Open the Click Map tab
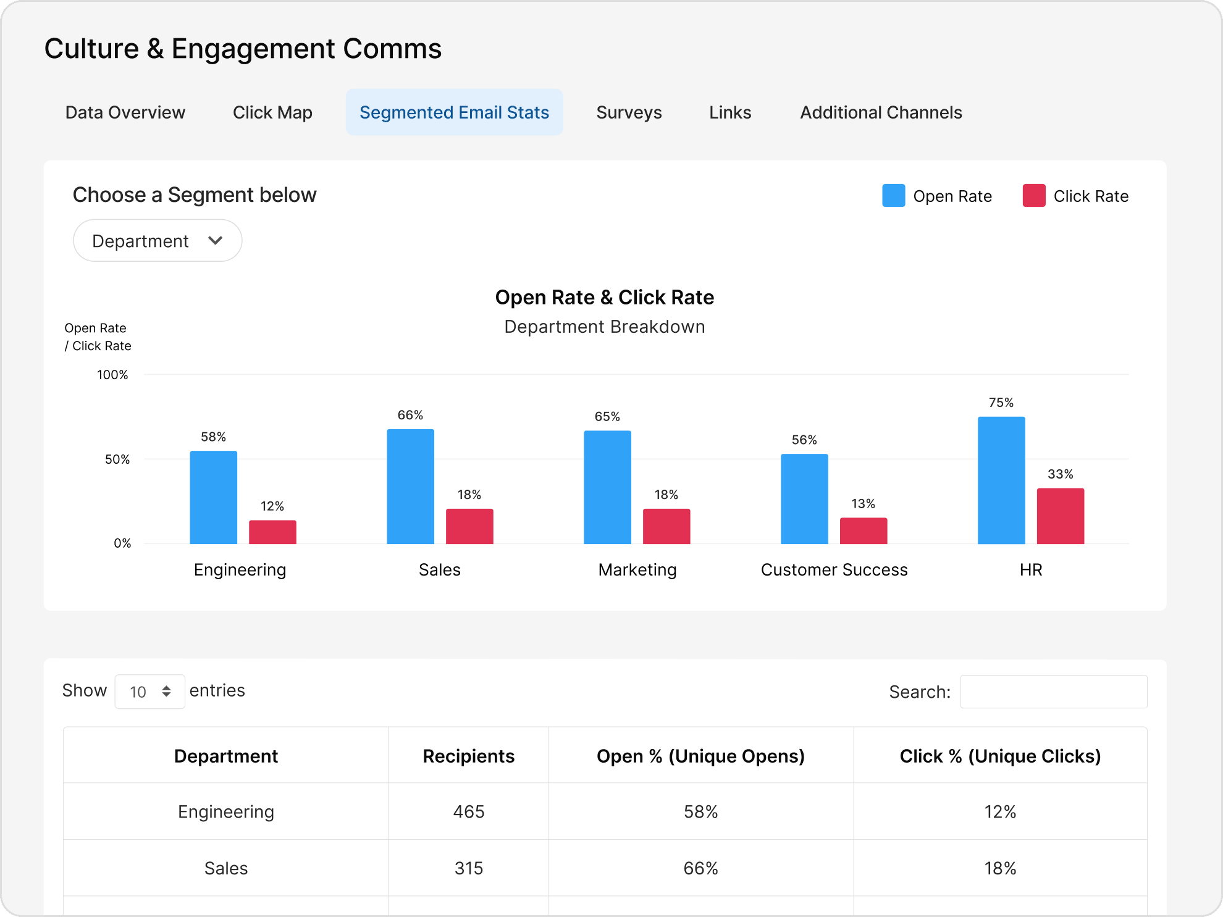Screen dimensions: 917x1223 pyautogui.click(x=272, y=112)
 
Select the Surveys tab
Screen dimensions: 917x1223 pyautogui.click(x=629, y=112)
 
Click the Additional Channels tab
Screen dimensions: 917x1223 pyautogui.click(x=881, y=112)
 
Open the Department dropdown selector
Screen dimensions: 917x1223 pyautogui.click(x=158, y=241)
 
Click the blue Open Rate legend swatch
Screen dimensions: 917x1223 pyautogui.click(x=893, y=196)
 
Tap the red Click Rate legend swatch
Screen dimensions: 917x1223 pyautogui.click(x=1033, y=196)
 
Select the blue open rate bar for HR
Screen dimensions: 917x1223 pyautogui.click(x=1001, y=480)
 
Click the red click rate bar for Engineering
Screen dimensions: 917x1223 pyautogui.click(x=272, y=532)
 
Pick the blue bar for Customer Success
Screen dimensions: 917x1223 pyautogui.click(x=804, y=499)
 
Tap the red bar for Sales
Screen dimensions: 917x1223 pyautogui.click(x=469, y=526)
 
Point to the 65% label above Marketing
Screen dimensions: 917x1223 pyautogui.click(x=607, y=417)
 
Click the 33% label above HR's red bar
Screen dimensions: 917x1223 pyautogui.click(x=1060, y=474)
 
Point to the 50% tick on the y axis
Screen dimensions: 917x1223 pyautogui.click(x=117, y=459)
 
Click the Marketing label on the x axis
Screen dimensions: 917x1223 pyautogui.click(x=637, y=569)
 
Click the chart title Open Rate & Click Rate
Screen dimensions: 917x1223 pyautogui.click(x=604, y=298)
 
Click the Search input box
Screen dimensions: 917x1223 pyautogui.click(x=1053, y=692)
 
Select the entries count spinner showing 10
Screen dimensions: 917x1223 pyautogui.click(x=149, y=692)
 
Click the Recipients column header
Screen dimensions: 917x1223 pyautogui.click(x=468, y=756)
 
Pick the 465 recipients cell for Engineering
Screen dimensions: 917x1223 pyautogui.click(x=468, y=811)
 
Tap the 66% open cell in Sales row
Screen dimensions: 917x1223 pyautogui.click(x=700, y=868)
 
